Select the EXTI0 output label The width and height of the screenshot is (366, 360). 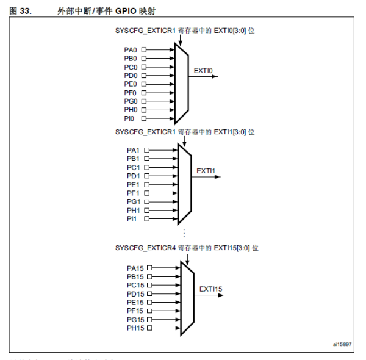[203, 71]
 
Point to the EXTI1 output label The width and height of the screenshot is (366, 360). [206, 171]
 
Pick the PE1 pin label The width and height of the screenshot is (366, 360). [134, 184]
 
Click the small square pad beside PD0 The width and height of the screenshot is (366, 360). [144, 76]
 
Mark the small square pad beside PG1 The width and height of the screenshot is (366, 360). [146, 201]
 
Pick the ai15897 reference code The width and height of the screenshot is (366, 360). [342, 345]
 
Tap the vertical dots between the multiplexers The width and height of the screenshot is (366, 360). [184, 233]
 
